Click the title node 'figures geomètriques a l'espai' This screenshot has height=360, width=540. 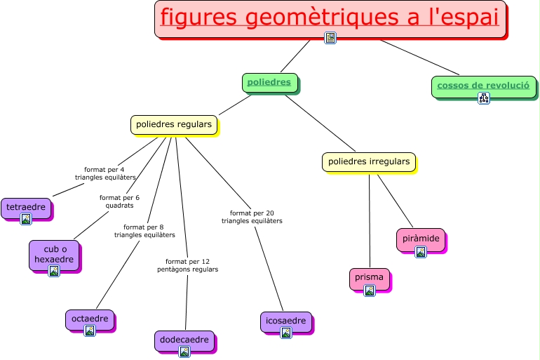pyautogui.click(x=330, y=18)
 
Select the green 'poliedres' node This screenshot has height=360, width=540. pyautogui.click(x=270, y=82)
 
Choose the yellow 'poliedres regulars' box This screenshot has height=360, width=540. pyautogui.click(x=173, y=124)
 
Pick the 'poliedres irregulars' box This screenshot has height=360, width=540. pyautogui.click(x=369, y=161)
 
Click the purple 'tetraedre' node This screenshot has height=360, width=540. pyautogui.click(x=26, y=207)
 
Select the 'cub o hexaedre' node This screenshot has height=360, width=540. pyautogui.click(x=54, y=254)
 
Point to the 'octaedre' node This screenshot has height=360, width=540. pyautogui.click(x=90, y=319)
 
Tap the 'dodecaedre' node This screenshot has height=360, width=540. pyautogui.click(x=184, y=340)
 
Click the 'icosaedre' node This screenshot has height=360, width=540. pyautogui.click(x=285, y=321)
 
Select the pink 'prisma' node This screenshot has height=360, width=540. pyautogui.click(x=369, y=277)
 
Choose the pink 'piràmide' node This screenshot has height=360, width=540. pyautogui.click(x=421, y=239)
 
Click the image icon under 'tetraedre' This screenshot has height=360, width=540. pyautogui.click(x=26, y=219)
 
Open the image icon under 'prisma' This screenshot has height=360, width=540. pyautogui.click(x=370, y=290)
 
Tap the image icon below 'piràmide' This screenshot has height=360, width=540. pyautogui.click(x=421, y=252)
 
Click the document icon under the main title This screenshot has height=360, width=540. pyautogui.click(x=330, y=38)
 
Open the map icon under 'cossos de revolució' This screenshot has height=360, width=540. pyautogui.click(x=484, y=98)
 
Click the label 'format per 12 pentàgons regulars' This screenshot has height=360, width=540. pyautogui.click(x=187, y=265)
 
